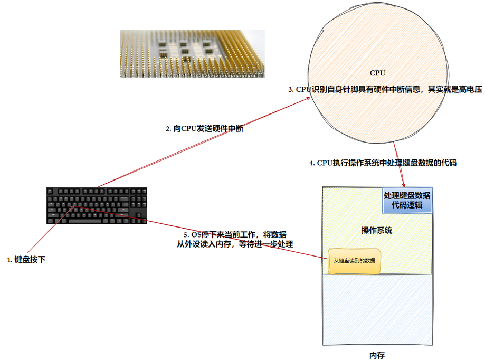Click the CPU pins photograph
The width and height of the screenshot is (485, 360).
[192, 53]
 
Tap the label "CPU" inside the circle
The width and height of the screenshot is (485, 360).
[377, 73]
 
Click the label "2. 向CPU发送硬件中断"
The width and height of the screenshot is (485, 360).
[204, 129]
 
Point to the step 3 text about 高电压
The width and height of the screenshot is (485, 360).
[385, 90]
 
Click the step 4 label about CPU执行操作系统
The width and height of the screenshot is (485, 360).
[383, 163]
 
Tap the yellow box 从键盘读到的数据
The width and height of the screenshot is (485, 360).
[355, 261]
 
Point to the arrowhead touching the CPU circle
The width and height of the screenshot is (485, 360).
[309, 99]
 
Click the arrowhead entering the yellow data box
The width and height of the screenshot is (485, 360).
[327, 257]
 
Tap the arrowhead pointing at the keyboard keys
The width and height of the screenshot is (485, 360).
[75, 206]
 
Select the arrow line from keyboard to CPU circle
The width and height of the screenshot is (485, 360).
[201, 143]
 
